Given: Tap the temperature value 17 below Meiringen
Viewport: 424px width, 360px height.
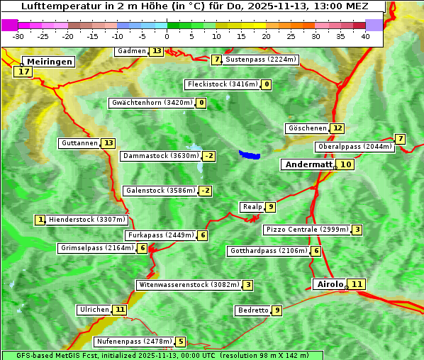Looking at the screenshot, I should pyautogui.click(x=24, y=72).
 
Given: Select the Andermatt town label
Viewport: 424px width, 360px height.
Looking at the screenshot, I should pyautogui.click(x=308, y=164).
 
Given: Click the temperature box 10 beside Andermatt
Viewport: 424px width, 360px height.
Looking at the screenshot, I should pyautogui.click(x=345, y=164).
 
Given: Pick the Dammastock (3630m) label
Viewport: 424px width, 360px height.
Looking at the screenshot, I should pyautogui.click(x=160, y=156).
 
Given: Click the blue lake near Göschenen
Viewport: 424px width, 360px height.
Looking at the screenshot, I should pyautogui.click(x=249, y=154).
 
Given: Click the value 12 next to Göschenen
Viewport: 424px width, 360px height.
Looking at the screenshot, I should pyautogui.click(x=337, y=128).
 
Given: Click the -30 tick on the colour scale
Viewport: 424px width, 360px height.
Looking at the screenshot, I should pyautogui.click(x=18, y=36).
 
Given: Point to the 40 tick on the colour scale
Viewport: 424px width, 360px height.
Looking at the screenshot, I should pyautogui.click(x=365, y=36).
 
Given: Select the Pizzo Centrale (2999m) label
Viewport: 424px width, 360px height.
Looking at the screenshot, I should pyautogui.click(x=306, y=230).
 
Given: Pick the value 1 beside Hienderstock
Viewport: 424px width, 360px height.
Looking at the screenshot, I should pyautogui.click(x=40, y=220).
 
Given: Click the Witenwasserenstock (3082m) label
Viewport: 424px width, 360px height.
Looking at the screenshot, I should pyautogui.click(x=188, y=285).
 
